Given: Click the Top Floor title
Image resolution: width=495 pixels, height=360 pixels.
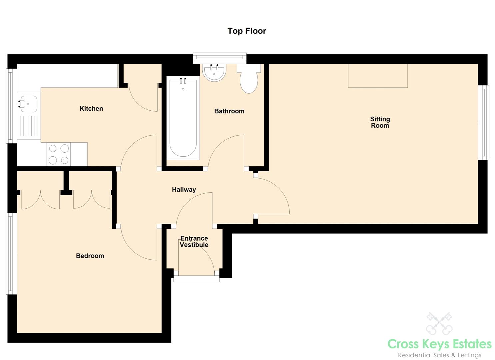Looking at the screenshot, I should (247, 31).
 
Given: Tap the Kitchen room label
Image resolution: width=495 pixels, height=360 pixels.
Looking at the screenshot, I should (91, 109).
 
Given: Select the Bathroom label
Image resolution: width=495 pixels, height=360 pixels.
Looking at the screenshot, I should (229, 111).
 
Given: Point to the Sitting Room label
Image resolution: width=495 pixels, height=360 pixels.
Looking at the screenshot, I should (380, 122).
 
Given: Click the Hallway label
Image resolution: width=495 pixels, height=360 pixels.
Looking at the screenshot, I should (184, 190).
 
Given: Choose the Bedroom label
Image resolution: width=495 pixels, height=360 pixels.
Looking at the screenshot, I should (90, 256).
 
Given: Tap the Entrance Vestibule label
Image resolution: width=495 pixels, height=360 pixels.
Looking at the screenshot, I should (194, 242).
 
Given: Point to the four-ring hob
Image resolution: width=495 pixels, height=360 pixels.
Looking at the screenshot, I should (59, 154).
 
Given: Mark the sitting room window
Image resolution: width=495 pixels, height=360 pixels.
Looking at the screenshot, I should (483, 122).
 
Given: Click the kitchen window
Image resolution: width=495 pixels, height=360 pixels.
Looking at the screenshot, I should (12, 106).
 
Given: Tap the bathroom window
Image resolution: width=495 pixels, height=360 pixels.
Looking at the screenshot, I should (219, 58).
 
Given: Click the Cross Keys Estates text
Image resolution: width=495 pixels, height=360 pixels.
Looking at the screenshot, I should (439, 344).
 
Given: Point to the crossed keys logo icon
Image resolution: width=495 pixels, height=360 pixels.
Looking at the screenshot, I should (439, 323).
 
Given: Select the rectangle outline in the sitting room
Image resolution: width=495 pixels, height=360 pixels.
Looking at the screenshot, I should (378, 76).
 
